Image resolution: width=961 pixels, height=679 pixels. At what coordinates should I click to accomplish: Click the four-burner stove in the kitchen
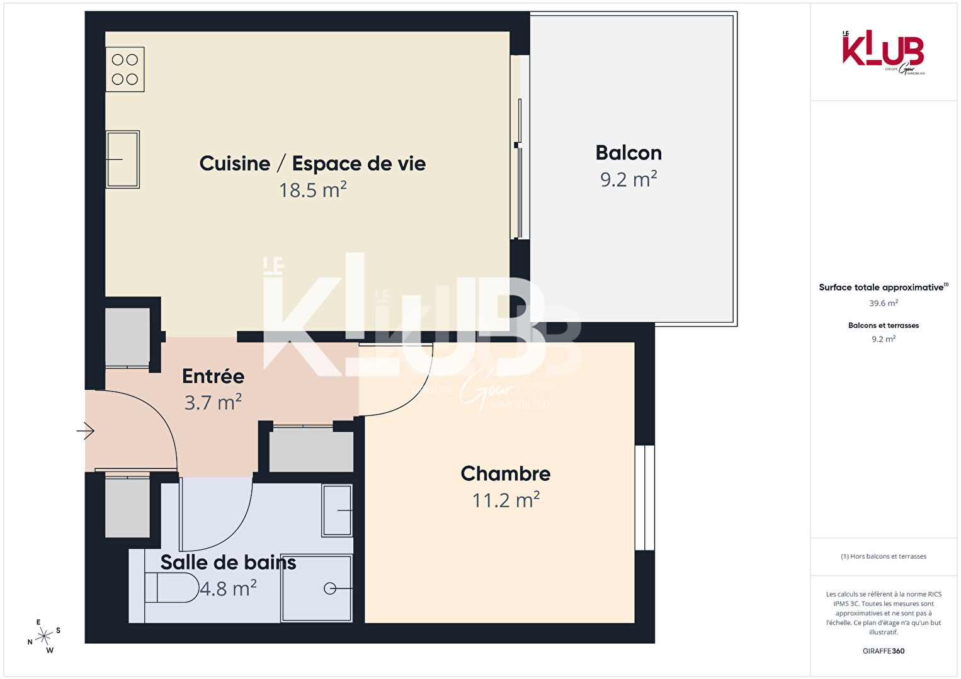pos(125,69)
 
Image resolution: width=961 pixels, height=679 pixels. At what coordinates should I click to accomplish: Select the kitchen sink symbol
pos(123,159)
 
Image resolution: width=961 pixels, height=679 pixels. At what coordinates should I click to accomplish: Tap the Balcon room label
pos(628,153)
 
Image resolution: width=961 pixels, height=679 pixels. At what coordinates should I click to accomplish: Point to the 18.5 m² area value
pos(313,190)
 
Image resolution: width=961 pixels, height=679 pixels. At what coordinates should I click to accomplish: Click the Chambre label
pos(506,474)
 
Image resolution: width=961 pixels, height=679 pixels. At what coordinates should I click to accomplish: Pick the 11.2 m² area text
pos(506,500)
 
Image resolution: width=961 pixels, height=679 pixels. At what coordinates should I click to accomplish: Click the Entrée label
pos(213,376)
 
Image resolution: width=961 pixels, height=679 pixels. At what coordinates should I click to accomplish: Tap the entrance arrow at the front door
pos(86,431)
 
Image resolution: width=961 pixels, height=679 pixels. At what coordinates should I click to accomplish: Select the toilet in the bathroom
pos(171,588)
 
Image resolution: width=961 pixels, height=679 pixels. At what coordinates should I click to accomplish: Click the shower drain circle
pos(330,588)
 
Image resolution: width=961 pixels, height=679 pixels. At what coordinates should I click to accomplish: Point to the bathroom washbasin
pos(337,510)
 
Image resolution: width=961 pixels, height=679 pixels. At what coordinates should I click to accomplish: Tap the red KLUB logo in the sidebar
pos(883,52)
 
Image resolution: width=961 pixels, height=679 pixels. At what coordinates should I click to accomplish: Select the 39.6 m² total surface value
pos(884,303)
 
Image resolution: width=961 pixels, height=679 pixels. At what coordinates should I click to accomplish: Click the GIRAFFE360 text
pos(884,651)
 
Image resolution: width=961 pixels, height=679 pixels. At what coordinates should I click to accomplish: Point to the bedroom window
pos(645,497)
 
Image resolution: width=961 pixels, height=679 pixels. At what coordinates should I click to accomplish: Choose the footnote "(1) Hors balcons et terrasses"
pos(884,556)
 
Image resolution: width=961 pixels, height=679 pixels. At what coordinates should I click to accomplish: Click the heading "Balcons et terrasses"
pos(884,325)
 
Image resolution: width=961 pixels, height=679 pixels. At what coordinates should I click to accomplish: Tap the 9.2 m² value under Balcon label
pos(628,179)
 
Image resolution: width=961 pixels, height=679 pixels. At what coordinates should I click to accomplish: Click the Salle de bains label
pos(228,563)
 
